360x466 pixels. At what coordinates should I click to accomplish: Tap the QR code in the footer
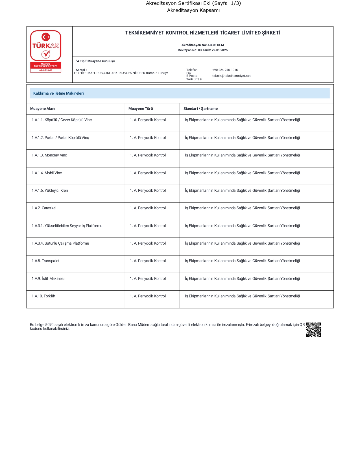point(313,330)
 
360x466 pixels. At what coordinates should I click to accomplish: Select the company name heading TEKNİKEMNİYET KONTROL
point(202,33)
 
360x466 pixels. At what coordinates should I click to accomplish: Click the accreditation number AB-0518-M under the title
point(215,45)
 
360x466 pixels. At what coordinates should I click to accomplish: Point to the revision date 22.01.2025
point(220,50)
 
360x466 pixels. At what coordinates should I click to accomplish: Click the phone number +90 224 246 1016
point(225,70)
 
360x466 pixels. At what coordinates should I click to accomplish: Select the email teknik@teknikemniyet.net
point(231,76)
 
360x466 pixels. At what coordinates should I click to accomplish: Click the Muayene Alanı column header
point(43,109)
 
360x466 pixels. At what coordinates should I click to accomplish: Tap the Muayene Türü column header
point(140,109)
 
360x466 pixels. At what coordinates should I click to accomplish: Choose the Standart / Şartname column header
point(200,109)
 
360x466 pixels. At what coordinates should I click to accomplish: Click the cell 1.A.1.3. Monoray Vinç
point(49,155)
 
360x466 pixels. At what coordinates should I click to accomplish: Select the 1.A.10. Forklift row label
point(43,296)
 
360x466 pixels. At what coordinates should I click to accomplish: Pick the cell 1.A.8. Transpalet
point(45,261)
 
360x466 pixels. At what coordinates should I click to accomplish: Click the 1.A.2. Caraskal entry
point(44,208)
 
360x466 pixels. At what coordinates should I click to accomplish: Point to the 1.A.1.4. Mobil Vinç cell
point(47,173)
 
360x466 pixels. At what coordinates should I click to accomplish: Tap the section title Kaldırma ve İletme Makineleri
point(58,93)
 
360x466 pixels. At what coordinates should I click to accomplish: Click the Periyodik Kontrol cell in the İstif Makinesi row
point(148,279)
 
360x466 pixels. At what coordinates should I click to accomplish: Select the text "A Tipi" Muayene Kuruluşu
point(95,61)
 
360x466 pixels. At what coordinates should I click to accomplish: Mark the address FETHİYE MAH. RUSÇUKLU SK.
point(121,73)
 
